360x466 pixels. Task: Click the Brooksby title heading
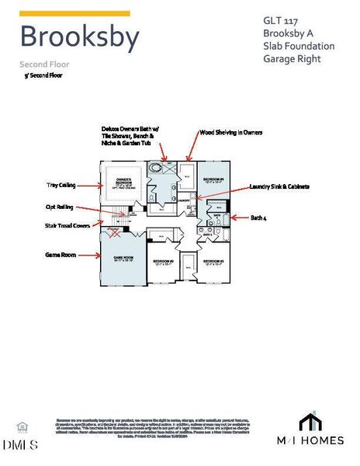pyautogui.click(x=79, y=37)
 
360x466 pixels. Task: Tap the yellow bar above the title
pyautogui.click(x=74, y=14)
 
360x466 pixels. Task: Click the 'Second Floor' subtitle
pyautogui.click(x=44, y=64)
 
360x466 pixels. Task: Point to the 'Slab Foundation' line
pyautogui.click(x=299, y=46)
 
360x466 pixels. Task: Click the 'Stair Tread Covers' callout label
pyautogui.click(x=67, y=226)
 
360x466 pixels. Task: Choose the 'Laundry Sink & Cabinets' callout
pyautogui.click(x=280, y=186)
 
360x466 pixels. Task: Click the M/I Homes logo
pyautogui.click(x=310, y=430)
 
